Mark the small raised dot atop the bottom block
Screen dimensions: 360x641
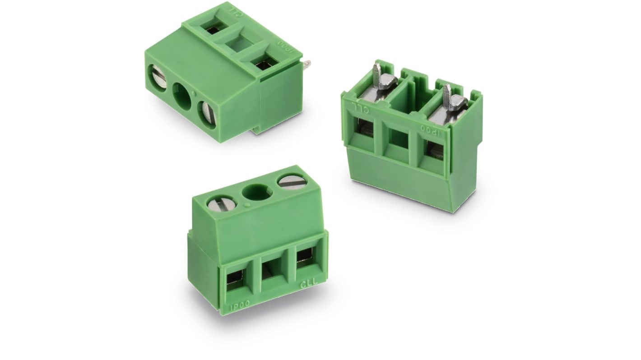(x=247, y=205)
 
